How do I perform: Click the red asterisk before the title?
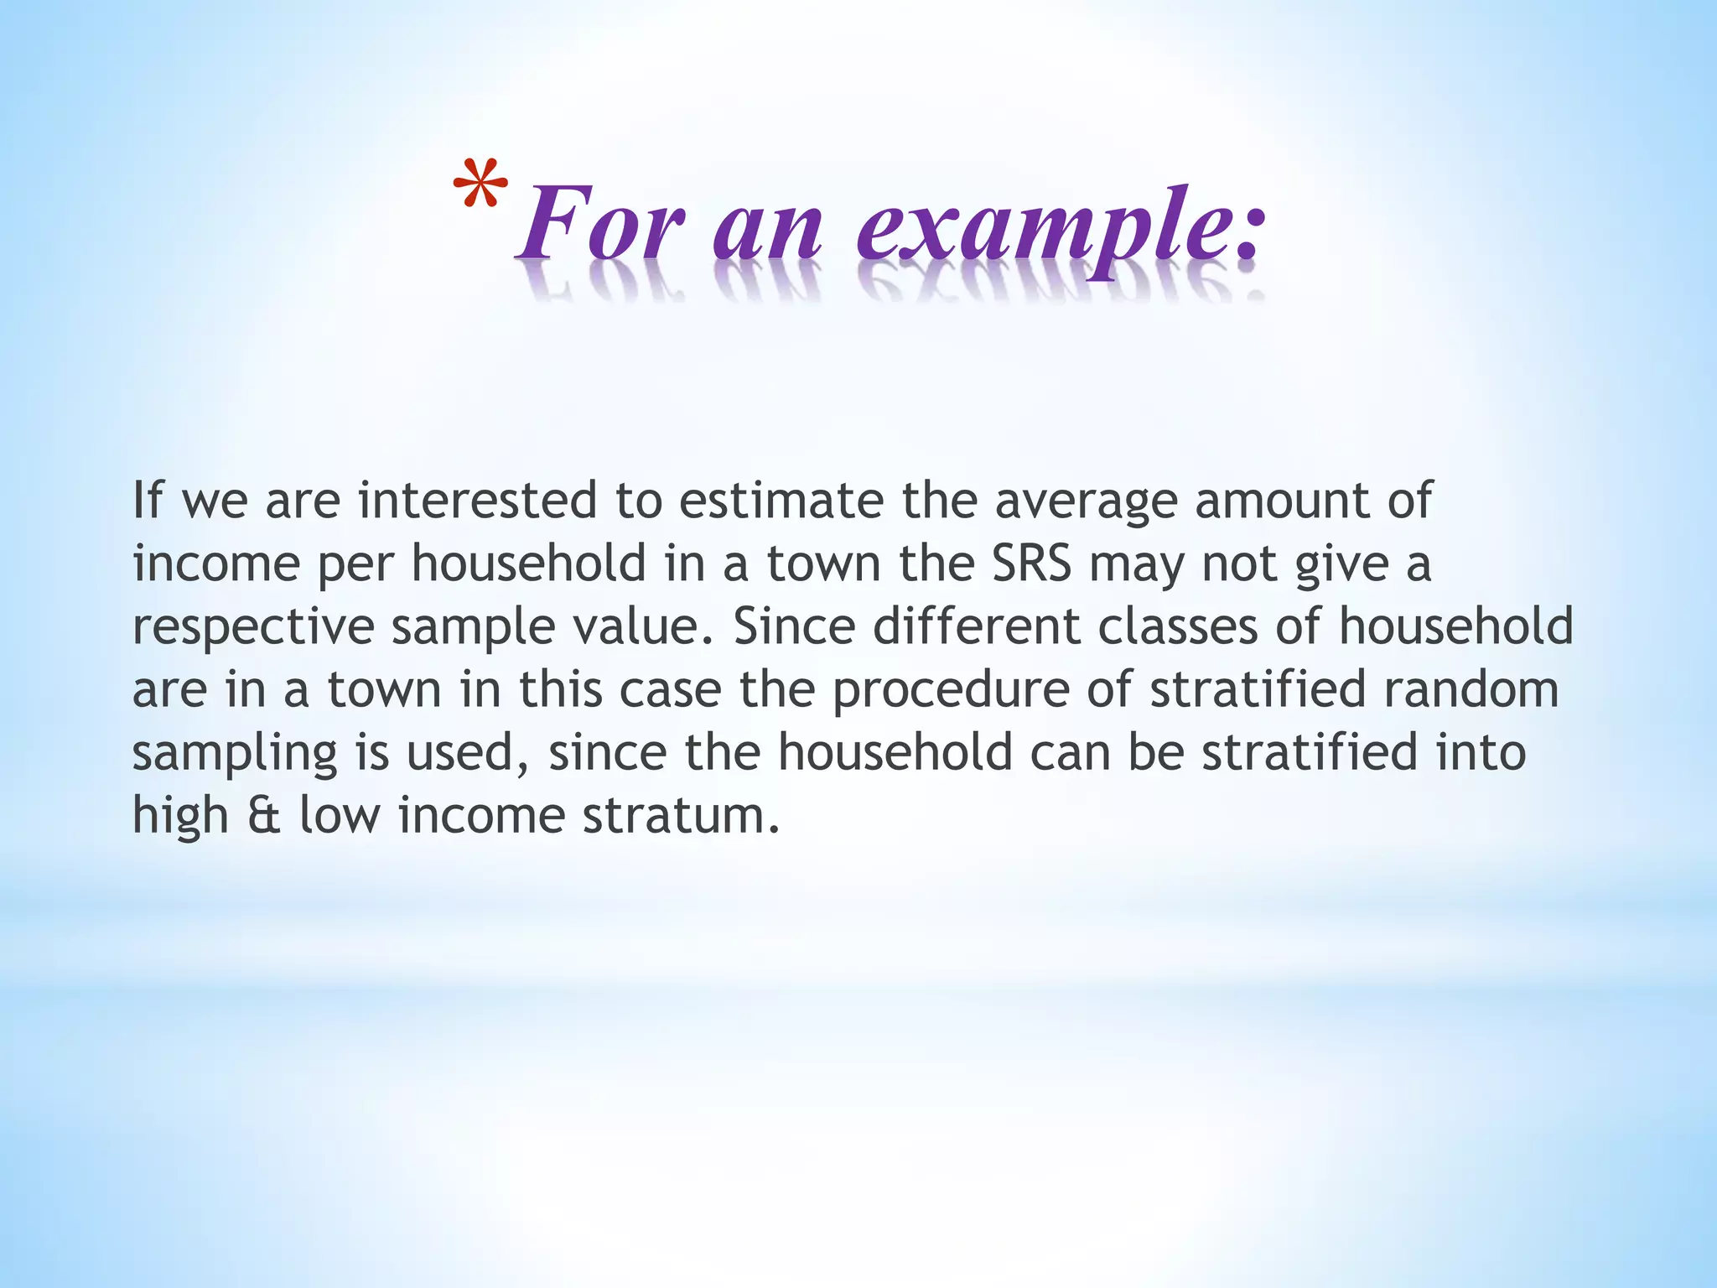coord(480,187)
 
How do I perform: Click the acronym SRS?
coord(1032,563)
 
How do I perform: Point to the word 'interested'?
coord(477,500)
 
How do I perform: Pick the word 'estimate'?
coord(781,500)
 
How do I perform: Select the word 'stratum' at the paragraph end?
coord(681,815)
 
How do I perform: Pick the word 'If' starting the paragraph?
coord(147,500)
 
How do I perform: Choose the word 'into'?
coord(1480,751)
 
